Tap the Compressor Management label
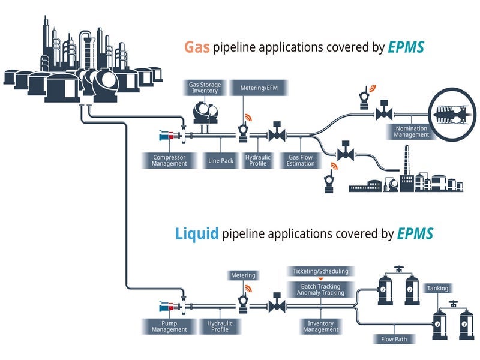pos(169,160)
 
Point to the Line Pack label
pos(221,160)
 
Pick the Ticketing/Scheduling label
pos(320,271)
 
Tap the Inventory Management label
pos(320,327)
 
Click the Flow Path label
pos(394,339)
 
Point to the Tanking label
pos(437,289)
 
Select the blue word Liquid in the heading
pos(197,233)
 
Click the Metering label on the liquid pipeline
pos(243,275)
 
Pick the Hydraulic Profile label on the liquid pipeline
pos(220,326)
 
